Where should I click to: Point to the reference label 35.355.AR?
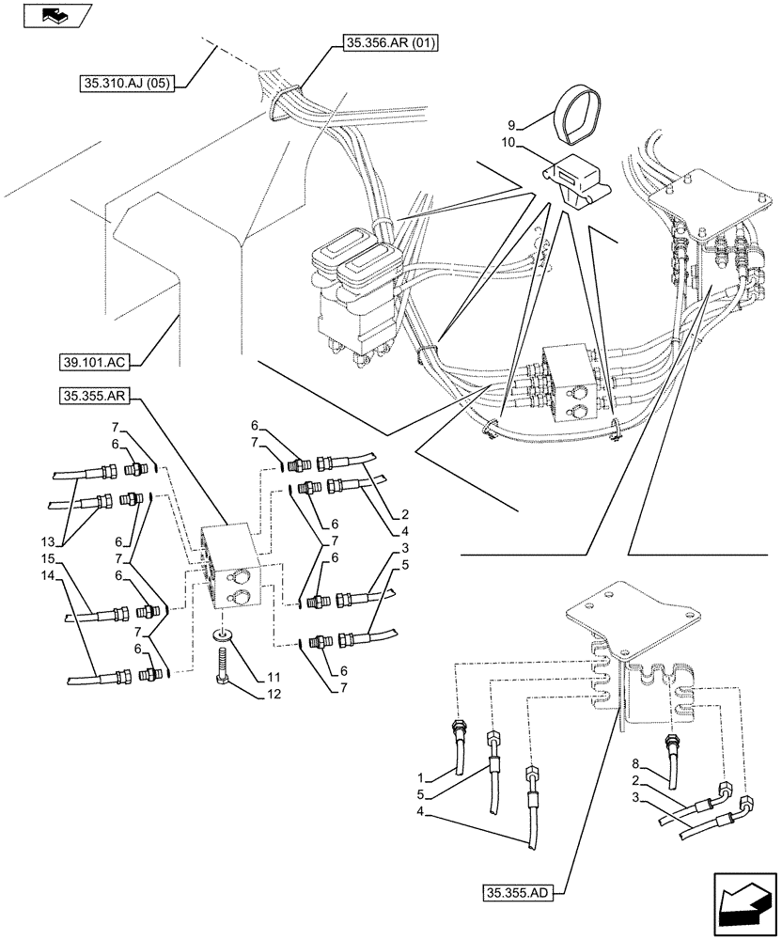point(100,399)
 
